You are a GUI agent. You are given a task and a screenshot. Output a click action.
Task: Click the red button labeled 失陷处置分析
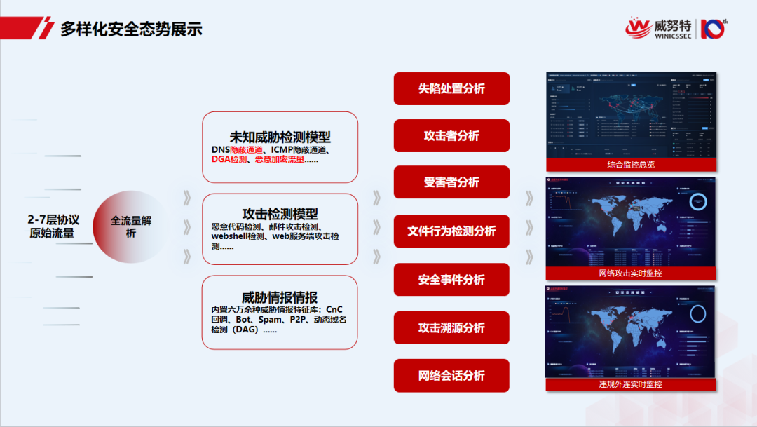(x=451, y=88)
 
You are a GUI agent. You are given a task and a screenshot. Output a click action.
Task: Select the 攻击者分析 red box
(x=451, y=136)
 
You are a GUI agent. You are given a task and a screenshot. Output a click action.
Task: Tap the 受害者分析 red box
(x=451, y=182)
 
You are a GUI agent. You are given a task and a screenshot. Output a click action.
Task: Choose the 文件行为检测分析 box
(x=451, y=231)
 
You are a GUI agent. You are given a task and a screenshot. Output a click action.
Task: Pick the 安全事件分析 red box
(x=451, y=280)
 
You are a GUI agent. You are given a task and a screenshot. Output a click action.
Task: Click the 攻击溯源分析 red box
(x=451, y=327)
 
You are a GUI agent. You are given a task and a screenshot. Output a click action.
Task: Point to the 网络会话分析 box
(x=451, y=376)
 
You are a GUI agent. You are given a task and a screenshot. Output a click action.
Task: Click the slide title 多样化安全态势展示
(x=131, y=29)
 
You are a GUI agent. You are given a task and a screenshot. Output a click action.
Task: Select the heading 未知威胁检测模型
(x=280, y=137)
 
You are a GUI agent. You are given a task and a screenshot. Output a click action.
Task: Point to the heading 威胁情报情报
(x=280, y=297)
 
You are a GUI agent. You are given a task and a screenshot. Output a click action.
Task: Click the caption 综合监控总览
(x=630, y=165)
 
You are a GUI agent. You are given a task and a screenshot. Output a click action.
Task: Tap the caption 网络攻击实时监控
(x=630, y=273)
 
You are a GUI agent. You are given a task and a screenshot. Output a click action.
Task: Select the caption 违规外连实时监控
(x=630, y=384)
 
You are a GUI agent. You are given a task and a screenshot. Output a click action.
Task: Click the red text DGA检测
(x=229, y=160)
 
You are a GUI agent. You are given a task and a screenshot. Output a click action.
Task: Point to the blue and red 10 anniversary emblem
(x=714, y=29)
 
